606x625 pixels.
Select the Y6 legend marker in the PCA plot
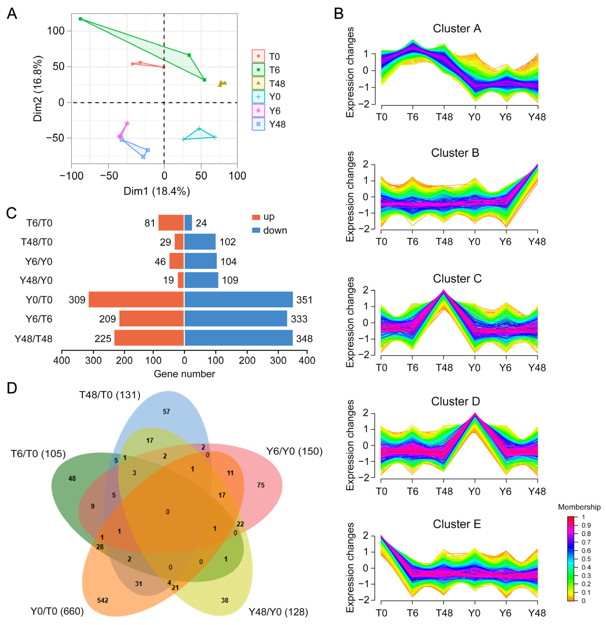258,111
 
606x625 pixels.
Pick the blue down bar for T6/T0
188,222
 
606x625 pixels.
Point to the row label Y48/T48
33,339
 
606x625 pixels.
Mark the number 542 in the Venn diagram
103,600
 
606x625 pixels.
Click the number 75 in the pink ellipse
261,485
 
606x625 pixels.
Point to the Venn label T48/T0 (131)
110,395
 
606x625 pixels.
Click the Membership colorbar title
579,507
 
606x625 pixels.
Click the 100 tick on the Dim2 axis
56,31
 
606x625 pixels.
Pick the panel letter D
12,388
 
